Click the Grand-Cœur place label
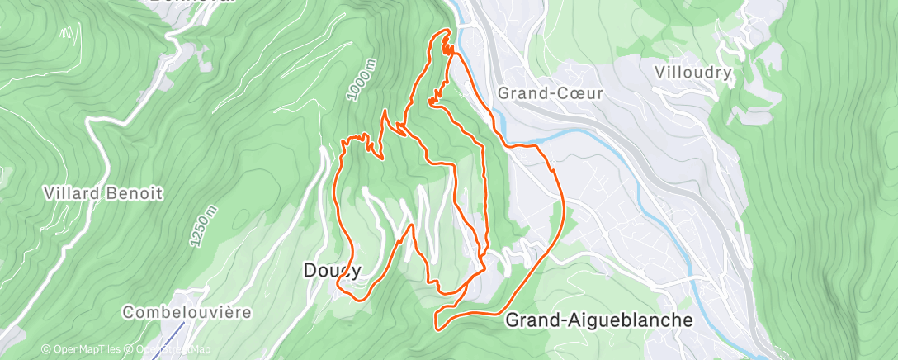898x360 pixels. (551, 93)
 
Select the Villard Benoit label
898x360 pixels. (103, 194)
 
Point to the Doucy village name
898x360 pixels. (333, 270)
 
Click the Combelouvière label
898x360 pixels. (186, 313)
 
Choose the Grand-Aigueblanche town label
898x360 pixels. (598, 320)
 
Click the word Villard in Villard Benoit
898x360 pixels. (73, 194)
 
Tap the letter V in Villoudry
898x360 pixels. (659, 72)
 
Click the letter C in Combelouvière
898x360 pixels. (128, 313)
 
